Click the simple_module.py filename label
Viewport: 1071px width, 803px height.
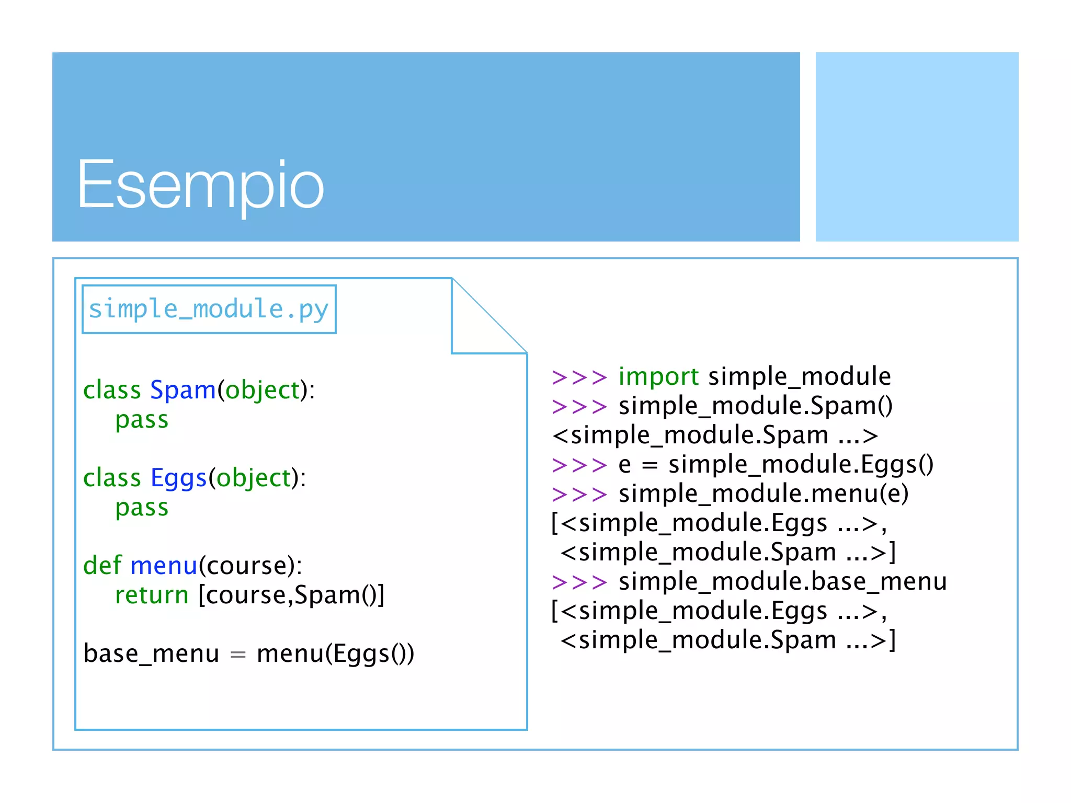pyautogui.click(x=209, y=309)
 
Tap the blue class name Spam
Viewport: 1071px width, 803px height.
pyautogui.click(x=183, y=390)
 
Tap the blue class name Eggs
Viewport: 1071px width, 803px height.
pyautogui.click(x=179, y=478)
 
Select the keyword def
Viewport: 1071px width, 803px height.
pyautogui.click(x=102, y=566)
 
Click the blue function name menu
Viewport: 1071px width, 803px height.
pyautogui.click(x=164, y=566)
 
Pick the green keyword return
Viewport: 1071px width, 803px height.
pyautogui.click(x=152, y=595)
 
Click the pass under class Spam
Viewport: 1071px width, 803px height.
pyautogui.click(x=142, y=420)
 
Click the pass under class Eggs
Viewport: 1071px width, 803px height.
pyautogui.click(x=142, y=508)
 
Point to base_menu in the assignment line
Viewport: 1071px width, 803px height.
pyautogui.click(x=151, y=653)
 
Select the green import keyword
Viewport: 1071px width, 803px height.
pyautogui.click(x=658, y=376)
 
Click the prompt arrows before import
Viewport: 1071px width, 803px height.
pyautogui.click(x=579, y=377)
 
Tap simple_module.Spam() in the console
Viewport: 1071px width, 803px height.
pyautogui.click(x=756, y=406)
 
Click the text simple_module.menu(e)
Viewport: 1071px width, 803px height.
pyautogui.click(x=764, y=494)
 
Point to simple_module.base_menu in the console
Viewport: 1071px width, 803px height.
pyautogui.click(x=783, y=581)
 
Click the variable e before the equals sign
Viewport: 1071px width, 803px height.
pyautogui.click(x=624, y=465)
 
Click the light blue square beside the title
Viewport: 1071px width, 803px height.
pyautogui.click(x=917, y=147)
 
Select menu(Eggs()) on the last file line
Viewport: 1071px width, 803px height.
pyautogui.click(x=336, y=653)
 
